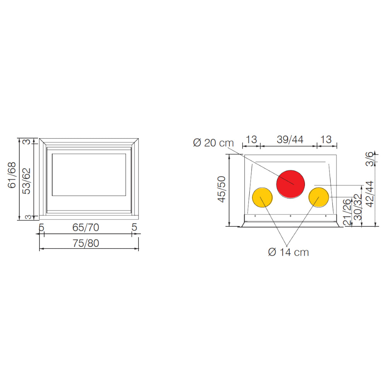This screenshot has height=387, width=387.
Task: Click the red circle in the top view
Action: click(x=291, y=184)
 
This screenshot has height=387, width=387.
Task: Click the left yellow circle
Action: click(x=262, y=197)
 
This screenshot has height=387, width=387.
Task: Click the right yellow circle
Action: click(x=319, y=197)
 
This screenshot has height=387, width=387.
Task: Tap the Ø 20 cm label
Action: click(x=213, y=143)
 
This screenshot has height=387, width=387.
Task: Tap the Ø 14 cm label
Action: click(x=288, y=252)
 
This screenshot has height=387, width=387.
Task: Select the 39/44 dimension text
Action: click(x=290, y=139)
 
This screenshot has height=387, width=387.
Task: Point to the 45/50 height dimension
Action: click(x=222, y=189)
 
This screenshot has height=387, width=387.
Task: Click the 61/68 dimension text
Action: click(x=12, y=175)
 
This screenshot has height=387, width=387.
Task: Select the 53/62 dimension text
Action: click(x=26, y=181)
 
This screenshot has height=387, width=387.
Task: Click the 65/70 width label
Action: click(x=86, y=228)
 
